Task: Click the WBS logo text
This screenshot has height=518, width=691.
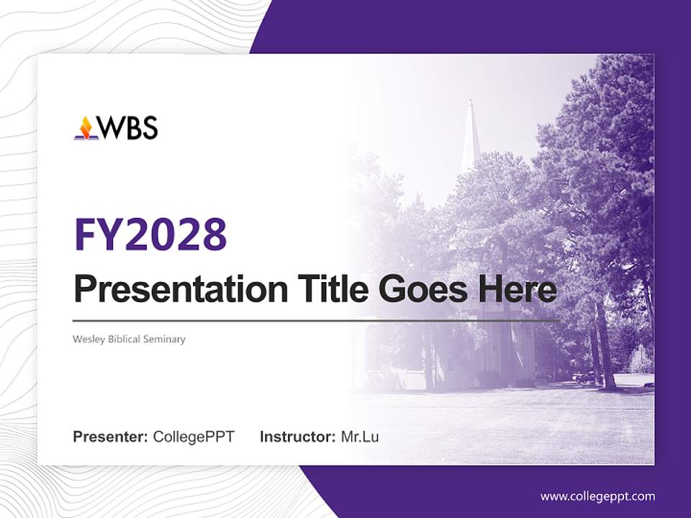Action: pos(127,127)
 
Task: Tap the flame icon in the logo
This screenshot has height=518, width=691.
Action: pos(86,128)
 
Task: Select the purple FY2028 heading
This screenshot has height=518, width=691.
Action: pos(150,234)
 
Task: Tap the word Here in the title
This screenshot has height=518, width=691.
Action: pos(517,289)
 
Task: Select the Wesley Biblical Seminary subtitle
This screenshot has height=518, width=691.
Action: pos(129,339)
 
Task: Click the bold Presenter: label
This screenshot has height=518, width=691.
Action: pos(111,437)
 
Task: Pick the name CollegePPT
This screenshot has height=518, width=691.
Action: pos(194,437)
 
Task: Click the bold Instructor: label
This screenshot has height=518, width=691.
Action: pos(297,437)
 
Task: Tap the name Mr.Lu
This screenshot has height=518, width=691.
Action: pos(359,437)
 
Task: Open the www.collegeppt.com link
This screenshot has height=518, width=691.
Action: pos(597,496)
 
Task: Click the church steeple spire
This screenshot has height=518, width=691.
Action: pos(471,137)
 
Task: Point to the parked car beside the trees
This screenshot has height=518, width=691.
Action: pos(584,377)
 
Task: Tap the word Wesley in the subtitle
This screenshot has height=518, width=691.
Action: pos(88,339)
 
